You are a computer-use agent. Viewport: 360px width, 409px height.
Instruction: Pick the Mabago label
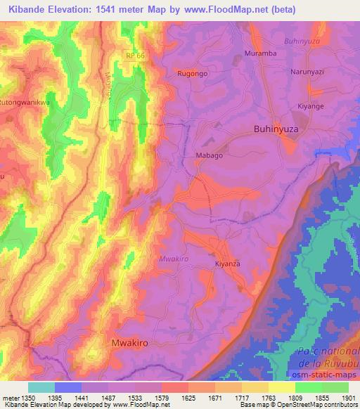pyautogui.click(x=208, y=156)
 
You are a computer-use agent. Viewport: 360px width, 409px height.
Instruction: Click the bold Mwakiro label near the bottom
pyautogui.click(x=131, y=342)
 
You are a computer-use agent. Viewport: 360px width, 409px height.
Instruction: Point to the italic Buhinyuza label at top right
pyautogui.click(x=303, y=41)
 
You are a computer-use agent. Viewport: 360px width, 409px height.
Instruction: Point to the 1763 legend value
pyautogui.click(x=269, y=398)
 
